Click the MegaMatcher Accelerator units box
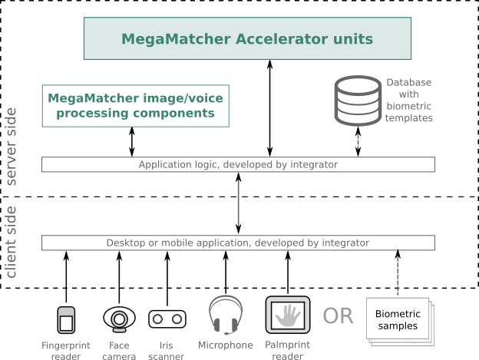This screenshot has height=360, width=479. (247, 38)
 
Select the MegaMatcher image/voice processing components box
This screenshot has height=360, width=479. (136, 106)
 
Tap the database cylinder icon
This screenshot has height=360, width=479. (358, 101)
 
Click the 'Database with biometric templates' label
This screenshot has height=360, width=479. (408, 100)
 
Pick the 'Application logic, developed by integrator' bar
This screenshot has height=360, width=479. (238, 164)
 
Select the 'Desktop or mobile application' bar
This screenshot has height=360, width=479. (238, 243)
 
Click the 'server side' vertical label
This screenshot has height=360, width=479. (11, 146)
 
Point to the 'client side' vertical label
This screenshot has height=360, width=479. (11, 242)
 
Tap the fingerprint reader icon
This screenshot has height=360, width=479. (66, 319)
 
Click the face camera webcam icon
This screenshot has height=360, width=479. (119, 318)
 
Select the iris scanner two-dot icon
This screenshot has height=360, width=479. (167, 319)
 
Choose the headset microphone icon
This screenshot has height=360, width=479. (225, 315)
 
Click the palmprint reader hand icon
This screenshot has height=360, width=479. (288, 315)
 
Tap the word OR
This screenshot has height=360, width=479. (338, 316)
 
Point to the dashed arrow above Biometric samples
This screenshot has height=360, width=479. (398, 272)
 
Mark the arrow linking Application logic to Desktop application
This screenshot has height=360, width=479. (239, 203)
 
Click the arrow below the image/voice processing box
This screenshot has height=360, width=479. (132, 142)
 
